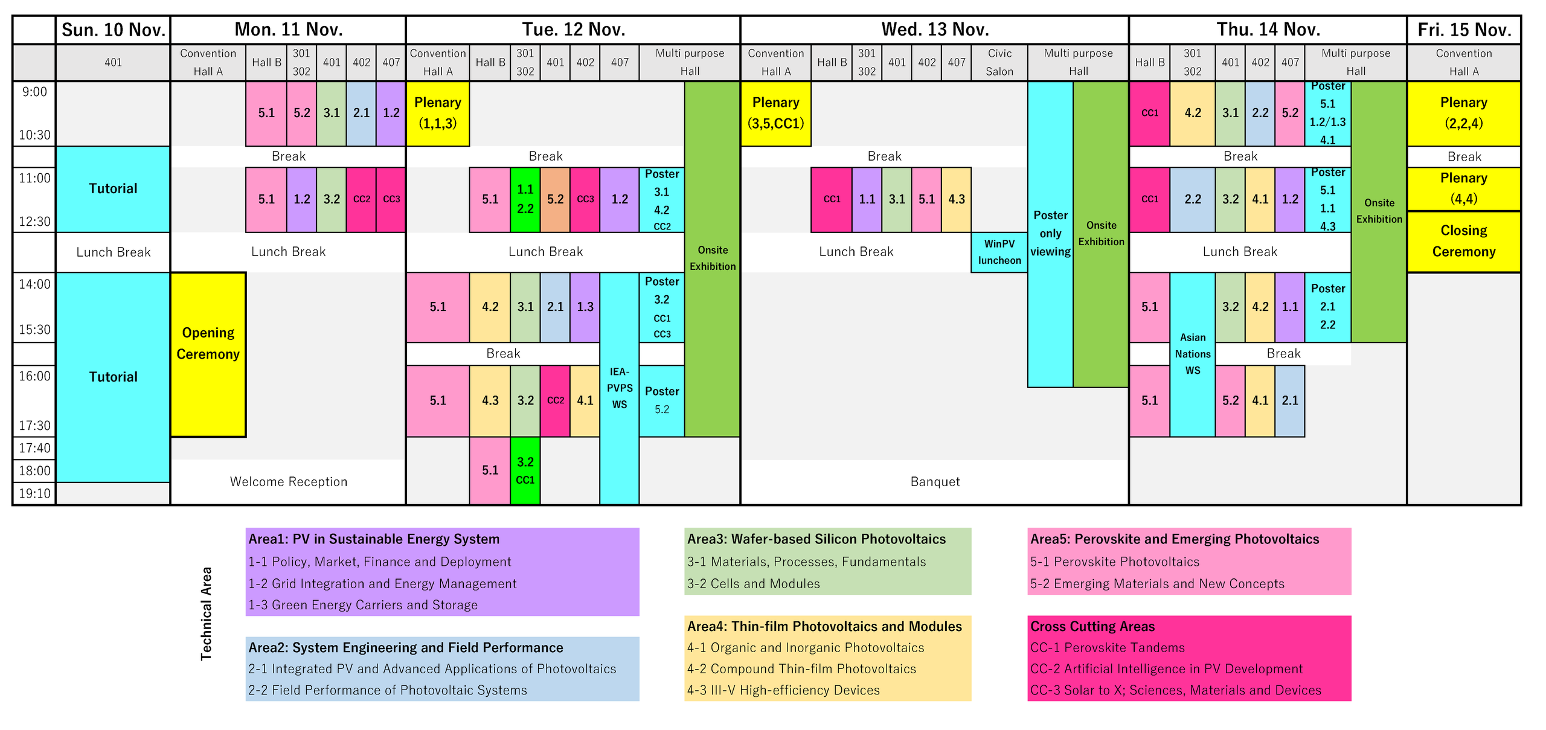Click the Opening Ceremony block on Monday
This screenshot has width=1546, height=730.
pyautogui.click(x=208, y=354)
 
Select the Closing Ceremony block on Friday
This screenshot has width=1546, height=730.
pyautogui.click(x=1463, y=242)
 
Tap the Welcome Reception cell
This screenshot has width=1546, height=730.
pyautogui.click(x=289, y=482)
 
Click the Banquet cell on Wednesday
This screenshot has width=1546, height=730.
pyautogui.click(x=934, y=482)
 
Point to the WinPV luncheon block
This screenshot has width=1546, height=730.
pyautogui.click(x=999, y=252)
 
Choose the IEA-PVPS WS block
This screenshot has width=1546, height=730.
pyautogui.click(x=619, y=388)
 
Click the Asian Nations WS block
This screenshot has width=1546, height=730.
pyautogui.click(x=1192, y=354)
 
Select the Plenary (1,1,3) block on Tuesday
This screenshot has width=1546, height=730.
pyautogui.click(x=438, y=114)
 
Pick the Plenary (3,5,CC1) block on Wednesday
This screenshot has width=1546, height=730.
pyautogui.click(x=775, y=114)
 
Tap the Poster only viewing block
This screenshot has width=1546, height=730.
pyautogui.click(x=1050, y=234)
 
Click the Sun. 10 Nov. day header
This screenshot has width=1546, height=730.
pyautogui.click(x=114, y=30)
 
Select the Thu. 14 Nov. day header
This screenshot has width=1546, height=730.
pyautogui.click(x=1268, y=30)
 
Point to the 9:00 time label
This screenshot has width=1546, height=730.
pyautogui.click(x=34, y=92)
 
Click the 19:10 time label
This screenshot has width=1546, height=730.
pyautogui.click(x=34, y=493)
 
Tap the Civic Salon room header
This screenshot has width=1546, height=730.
pyautogui.click(x=999, y=62)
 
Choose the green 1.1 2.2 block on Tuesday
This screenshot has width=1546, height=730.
pyautogui.click(x=525, y=199)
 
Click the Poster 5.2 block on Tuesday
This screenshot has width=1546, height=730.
pyautogui.click(x=661, y=400)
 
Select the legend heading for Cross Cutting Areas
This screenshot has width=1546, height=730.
pyautogui.click(x=1092, y=626)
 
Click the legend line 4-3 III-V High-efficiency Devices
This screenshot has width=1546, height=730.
pyautogui.click(x=783, y=690)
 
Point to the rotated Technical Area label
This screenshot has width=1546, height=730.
pyautogui.click(x=206, y=613)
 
